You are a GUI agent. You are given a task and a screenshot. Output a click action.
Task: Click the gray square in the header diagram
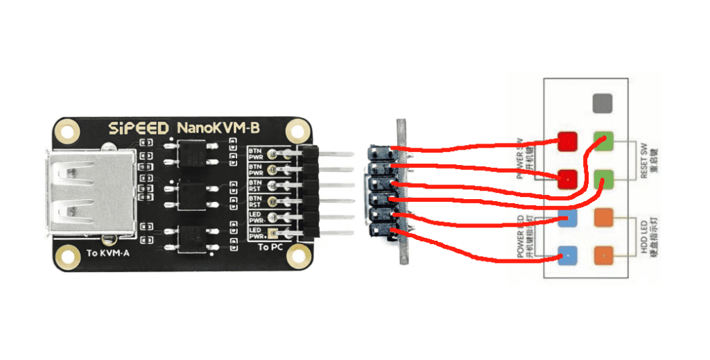(x=602, y=104)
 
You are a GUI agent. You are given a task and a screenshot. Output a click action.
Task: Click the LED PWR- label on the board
(x=257, y=217)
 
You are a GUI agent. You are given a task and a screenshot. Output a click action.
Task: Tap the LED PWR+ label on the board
(x=257, y=233)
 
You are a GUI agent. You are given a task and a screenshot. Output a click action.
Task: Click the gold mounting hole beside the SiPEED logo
(x=67, y=130)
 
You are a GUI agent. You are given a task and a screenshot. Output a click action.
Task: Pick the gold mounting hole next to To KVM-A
(x=67, y=256)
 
